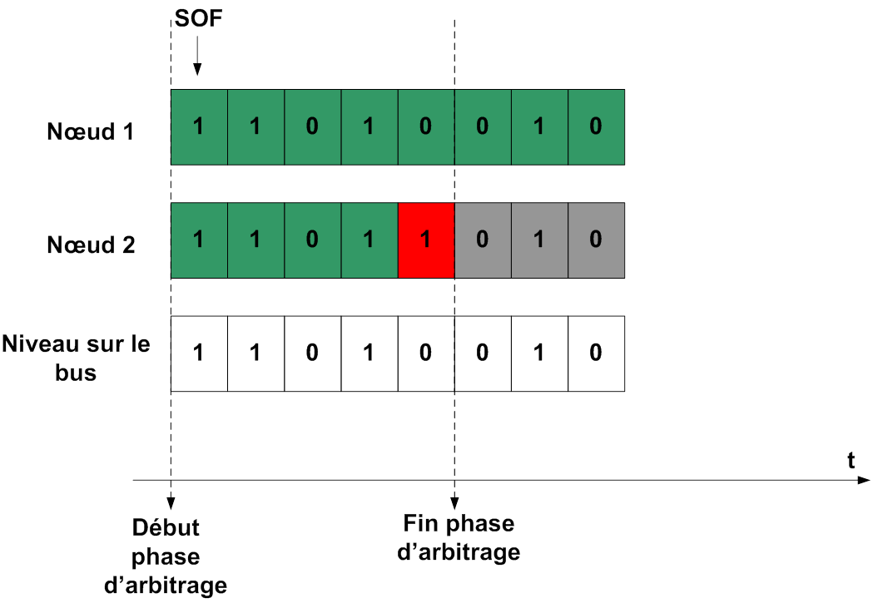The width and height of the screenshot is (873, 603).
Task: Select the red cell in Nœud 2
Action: click(x=426, y=240)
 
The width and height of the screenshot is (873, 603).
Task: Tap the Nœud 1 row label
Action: click(x=91, y=131)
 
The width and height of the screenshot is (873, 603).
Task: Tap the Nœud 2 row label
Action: click(x=91, y=245)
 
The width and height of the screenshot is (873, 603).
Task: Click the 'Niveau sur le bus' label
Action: click(x=77, y=358)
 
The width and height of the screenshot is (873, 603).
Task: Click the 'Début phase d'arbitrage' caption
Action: click(x=166, y=556)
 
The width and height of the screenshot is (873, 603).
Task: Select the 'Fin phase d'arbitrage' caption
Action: click(x=459, y=537)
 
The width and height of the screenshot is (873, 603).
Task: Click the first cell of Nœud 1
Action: click(x=199, y=126)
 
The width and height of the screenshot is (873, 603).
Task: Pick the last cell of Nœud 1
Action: click(x=596, y=126)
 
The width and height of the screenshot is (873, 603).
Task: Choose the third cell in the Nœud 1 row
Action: click(x=312, y=126)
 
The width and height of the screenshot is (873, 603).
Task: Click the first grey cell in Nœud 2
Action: click(x=483, y=240)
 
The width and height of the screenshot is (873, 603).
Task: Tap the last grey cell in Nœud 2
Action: click(x=596, y=240)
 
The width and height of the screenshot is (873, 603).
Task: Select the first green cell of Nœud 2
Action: click(x=199, y=240)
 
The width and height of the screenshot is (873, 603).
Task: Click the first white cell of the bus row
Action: click(x=199, y=353)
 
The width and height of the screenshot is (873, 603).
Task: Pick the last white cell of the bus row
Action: click(x=596, y=353)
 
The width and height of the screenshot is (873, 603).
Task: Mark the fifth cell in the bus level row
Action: click(x=426, y=353)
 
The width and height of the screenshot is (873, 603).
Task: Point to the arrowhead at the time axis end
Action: click(x=866, y=480)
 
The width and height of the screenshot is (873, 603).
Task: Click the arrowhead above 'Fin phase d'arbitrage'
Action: click(x=454, y=502)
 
